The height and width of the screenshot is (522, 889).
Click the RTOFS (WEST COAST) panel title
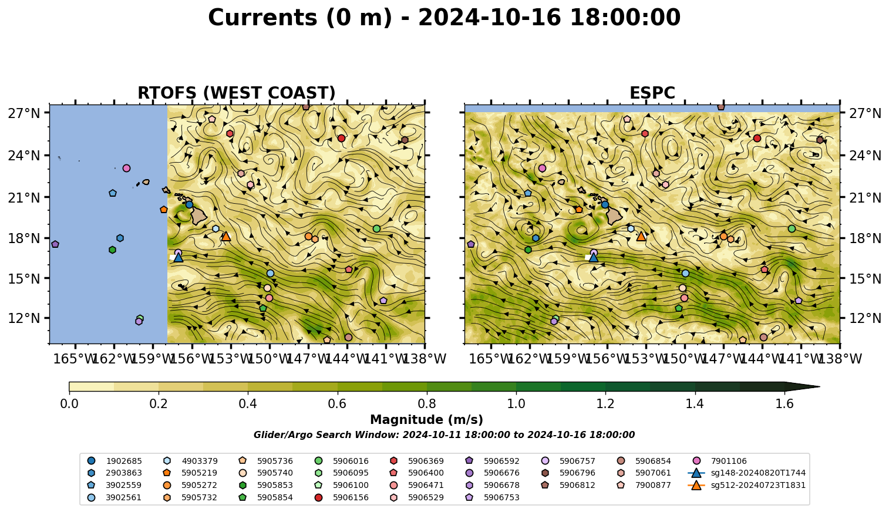(x=237, y=93)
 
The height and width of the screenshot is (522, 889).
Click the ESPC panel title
(x=652, y=93)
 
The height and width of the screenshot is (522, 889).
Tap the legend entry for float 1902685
(x=115, y=461)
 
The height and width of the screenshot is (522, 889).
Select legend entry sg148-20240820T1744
(x=747, y=473)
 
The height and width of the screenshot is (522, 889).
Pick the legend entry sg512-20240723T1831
(x=747, y=485)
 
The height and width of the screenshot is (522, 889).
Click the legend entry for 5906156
(x=341, y=497)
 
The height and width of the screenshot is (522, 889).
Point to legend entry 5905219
(x=190, y=473)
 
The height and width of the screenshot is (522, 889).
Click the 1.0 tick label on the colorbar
(x=516, y=404)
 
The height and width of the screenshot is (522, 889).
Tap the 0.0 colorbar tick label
(x=69, y=404)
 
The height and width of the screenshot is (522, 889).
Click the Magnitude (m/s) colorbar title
(x=426, y=420)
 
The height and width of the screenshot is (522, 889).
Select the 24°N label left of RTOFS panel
(x=24, y=156)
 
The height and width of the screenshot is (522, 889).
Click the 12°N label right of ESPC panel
(x=864, y=318)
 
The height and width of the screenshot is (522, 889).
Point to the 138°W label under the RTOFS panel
(x=424, y=359)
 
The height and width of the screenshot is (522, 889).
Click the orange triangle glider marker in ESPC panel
(x=641, y=236)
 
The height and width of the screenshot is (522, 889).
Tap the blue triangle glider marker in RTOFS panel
(x=178, y=257)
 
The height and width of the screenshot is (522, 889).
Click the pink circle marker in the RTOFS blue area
(x=126, y=168)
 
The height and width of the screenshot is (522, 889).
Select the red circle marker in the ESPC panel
(x=757, y=138)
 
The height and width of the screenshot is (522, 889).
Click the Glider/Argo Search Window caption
(x=444, y=435)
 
